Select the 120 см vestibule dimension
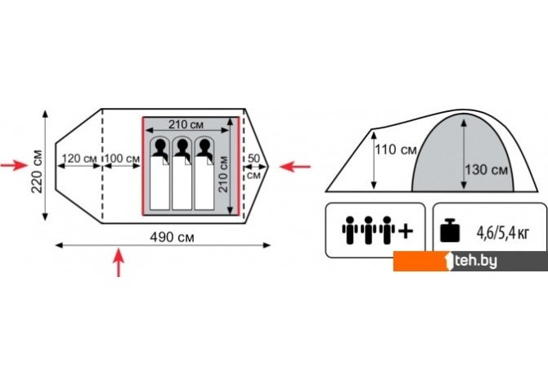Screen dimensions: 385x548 coord(79,157)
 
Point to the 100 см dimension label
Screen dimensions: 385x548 coord(122,157)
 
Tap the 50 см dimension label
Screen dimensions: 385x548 coord(254,165)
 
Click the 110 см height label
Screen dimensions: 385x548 coord(395,150)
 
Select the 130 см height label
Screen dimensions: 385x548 coord(487,170)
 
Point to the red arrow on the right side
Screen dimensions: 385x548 coord(295,166)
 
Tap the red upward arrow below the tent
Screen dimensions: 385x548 coord(120,264)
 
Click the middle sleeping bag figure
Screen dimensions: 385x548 coord(182,172)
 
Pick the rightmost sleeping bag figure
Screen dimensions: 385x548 coord(202,172)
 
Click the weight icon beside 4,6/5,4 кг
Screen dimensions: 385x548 coord(451,231)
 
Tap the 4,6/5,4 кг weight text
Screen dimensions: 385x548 coord(502,232)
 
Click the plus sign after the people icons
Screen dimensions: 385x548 coord(404,231)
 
